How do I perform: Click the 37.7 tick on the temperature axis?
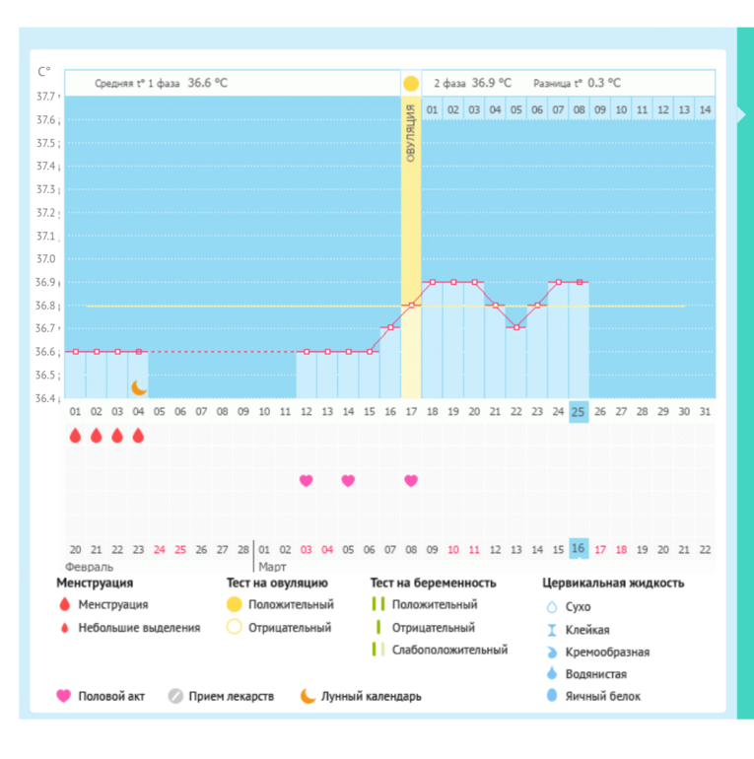[46, 97]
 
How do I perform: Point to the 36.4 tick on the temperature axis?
[46, 397]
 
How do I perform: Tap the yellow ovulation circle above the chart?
[411, 83]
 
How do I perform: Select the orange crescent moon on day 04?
[139, 387]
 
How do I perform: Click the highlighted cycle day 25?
[579, 411]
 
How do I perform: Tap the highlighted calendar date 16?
[579, 549]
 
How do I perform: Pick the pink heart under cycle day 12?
[307, 480]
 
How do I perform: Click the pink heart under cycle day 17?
[411, 480]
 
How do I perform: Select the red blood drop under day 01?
[75, 436]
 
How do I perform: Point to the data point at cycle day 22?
[515, 327]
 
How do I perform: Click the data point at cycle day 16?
[390, 327]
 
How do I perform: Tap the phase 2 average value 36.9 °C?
[491, 83]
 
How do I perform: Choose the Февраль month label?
[89, 567]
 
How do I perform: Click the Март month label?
[273, 567]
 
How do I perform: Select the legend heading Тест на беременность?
[433, 584]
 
